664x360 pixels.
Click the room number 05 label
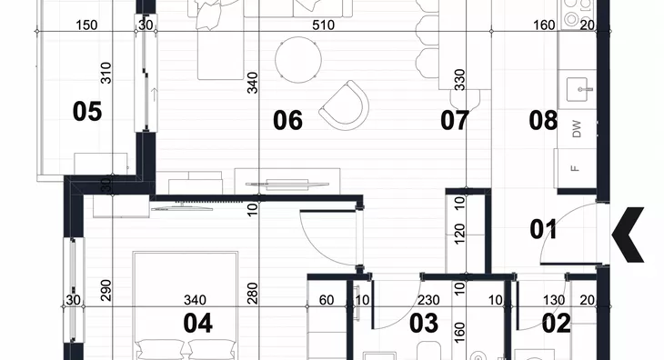click(x=87, y=112)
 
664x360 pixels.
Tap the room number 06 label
click(x=288, y=121)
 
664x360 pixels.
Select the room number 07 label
click(x=455, y=121)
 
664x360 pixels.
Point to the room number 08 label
click(x=543, y=120)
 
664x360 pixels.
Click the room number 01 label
click(x=544, y=229)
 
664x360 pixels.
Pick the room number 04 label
click(x=197, y=324)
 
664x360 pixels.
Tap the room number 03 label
click(x=424, y=324)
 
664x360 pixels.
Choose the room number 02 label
click(x=557, y=324)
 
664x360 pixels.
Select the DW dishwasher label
click(x=577, y=129)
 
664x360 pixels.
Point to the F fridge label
click(x=575, y=168)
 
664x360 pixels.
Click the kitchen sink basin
click(x=578, y=89)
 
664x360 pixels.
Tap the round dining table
click(x=298, y=60)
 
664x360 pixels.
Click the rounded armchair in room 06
click(x=344, y=105)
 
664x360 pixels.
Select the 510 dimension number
click(x=323, y=25)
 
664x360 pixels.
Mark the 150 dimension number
click(x=86, y=25)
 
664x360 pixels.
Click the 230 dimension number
click(x=428, y=300)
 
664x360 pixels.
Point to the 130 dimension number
click(x=554, y=300)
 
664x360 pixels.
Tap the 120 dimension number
click(x=459, y=234)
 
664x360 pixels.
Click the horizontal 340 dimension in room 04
click(x=195, y=300)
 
